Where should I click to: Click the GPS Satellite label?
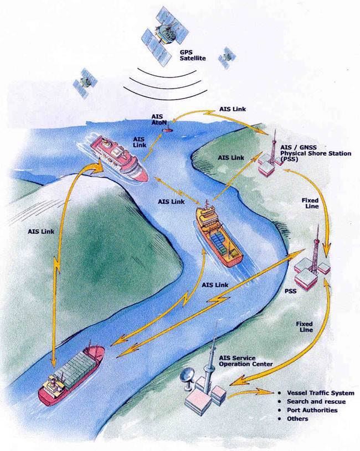(x=193, y=55)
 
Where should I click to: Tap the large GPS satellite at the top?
(x=165, y=34)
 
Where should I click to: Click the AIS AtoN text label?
(x=158, y=120)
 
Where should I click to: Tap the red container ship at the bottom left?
(x=71, y=375)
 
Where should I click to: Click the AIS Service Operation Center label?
(x=245, y=361)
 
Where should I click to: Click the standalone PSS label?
(x=290, y=292)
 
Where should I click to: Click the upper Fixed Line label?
(x=310, y=203)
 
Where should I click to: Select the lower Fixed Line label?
(x=305, y=326)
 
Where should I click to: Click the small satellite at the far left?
(x=85, y=82)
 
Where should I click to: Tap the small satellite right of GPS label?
(x=227, y=58)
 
